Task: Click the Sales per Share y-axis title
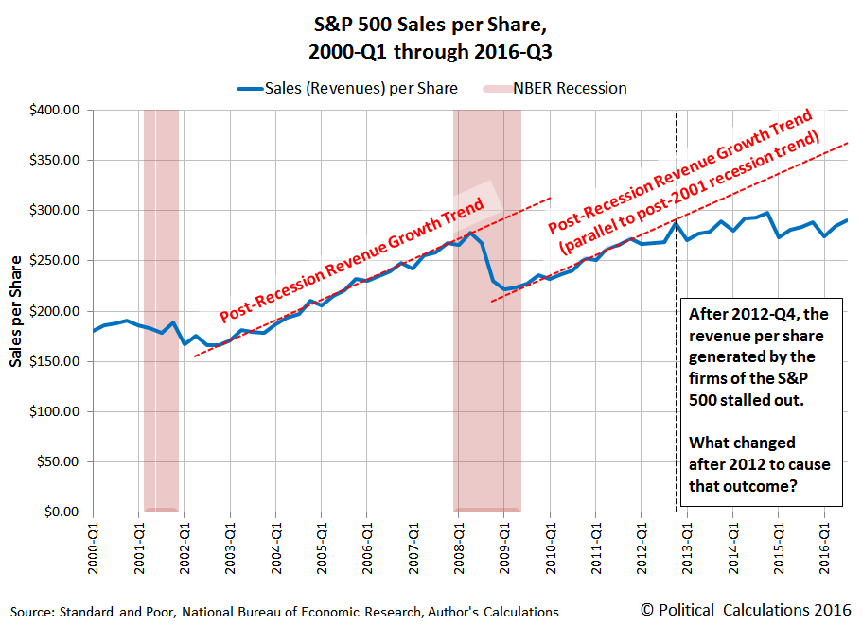coord(16,312)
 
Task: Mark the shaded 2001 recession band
coord(161,312)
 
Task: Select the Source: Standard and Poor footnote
coord(284,612)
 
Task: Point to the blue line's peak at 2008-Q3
coord(470,232)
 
